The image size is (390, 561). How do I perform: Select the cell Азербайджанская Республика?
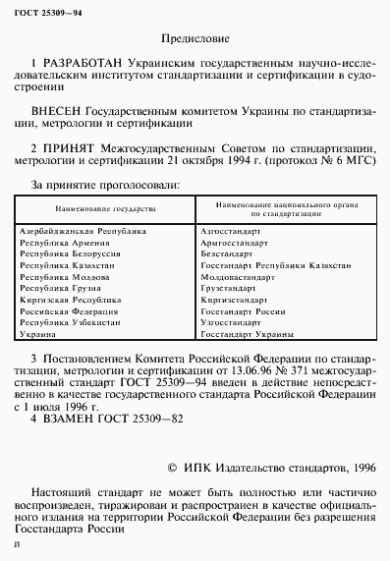click(83, 230)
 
